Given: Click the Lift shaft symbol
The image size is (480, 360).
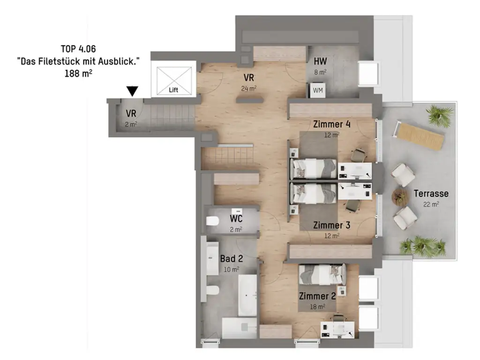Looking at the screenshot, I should click(x=174, y=80).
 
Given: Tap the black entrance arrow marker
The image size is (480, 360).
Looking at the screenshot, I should click(x=133, y=91).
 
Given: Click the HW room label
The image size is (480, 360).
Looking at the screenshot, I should click(x=321, y=61).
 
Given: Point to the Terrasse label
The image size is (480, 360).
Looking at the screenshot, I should click(x=431, y=193).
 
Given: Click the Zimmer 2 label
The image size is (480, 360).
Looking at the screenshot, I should click(x=317, y=296).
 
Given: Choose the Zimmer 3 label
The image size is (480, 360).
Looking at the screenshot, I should click(x=331, y=225).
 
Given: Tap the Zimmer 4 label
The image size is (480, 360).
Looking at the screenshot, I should click(x=332, y=125).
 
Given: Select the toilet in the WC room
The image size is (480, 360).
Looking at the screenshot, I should click(x=212, y=222).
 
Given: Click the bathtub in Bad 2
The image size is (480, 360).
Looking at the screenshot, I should click(x=247, y=294).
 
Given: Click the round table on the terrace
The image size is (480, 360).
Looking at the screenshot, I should click(x=400, y=196).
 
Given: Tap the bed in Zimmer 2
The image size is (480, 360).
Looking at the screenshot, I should click(x=322, y=274).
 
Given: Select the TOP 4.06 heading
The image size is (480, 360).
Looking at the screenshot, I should click(x=78, y=49).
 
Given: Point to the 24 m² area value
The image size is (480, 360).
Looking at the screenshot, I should click(x=249, y=88).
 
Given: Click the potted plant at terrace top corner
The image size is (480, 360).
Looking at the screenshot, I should click(x=439, y=115).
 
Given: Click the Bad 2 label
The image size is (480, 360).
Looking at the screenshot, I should click(x=231, y=259).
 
